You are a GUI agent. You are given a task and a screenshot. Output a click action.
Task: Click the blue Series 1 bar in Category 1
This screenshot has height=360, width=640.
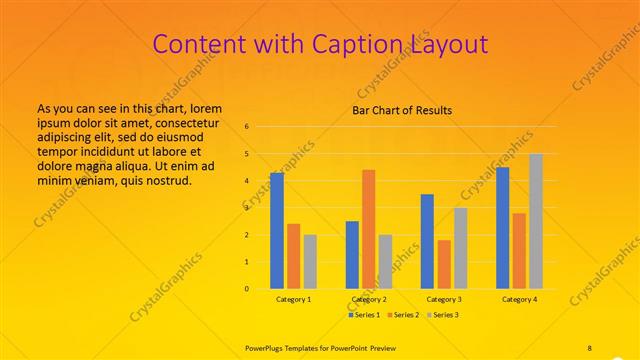(277, 231)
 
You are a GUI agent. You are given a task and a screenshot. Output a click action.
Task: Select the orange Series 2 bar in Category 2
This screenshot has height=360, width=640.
(369, 229)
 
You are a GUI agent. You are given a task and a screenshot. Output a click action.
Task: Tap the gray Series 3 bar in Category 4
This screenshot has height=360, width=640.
(536, 221)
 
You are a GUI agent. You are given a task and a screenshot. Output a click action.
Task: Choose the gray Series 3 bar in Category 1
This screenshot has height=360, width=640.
(310, 262)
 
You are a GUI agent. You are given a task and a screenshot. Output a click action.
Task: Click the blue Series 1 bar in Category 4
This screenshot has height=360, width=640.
(502, 228)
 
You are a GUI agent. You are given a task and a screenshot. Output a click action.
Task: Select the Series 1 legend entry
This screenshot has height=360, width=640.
(365, 315)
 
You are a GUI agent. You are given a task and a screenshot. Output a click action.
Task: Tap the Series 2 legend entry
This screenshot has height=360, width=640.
(403, 315)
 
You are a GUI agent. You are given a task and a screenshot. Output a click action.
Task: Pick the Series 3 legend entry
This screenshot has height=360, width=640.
(442, 315)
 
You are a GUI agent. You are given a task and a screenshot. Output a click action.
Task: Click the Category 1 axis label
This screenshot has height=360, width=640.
(293, 299)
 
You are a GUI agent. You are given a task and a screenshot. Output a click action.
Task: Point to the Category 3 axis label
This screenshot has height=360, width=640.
(444, 299)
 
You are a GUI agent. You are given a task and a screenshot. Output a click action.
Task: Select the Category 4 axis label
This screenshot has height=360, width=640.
(519, 299)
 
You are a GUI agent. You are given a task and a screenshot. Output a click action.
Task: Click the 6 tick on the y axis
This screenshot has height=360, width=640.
(246, 127)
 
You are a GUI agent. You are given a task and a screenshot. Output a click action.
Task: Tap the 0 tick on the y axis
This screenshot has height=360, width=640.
(246, 289)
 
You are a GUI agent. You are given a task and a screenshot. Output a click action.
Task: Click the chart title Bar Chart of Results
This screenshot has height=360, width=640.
(402, 110)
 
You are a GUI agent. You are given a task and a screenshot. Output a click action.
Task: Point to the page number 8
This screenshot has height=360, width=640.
(590, 347)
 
